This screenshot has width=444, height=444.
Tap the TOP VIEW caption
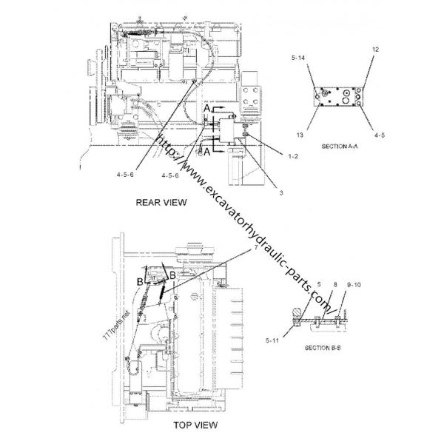pos(195,425)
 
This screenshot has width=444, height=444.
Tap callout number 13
pos(299,135)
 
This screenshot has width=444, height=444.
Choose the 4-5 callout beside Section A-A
pos(379,135)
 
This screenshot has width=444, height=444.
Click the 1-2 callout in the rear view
pos(272,156)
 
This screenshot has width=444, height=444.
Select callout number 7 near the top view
pos(255,249)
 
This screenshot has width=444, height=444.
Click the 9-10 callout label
pos(354,283)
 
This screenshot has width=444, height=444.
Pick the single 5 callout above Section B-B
pos(319,283)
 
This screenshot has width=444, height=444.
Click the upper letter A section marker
pos(208,109)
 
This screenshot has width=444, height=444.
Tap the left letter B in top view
pos(138,281)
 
